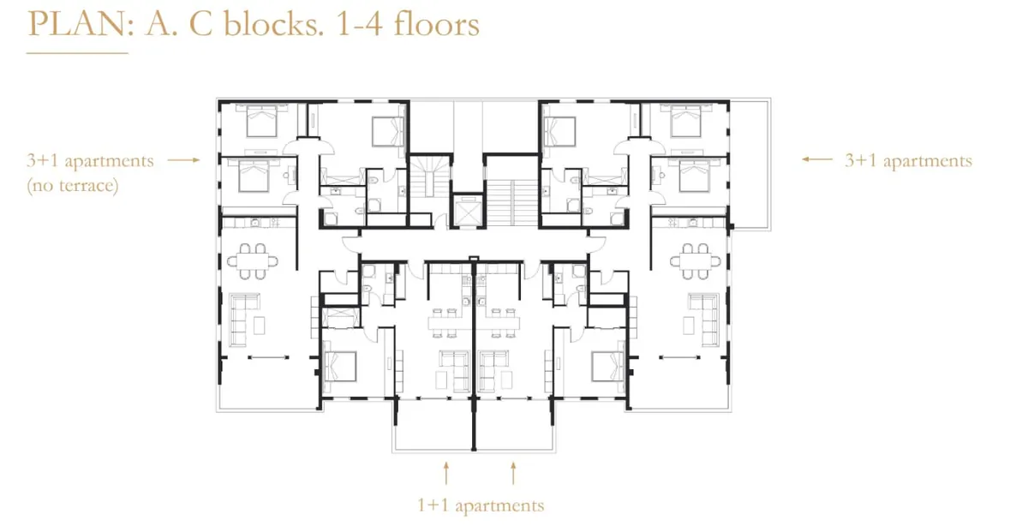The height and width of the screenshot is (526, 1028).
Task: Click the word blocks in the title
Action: coord(273,23)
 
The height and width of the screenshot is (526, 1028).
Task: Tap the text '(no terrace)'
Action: coord(73,185)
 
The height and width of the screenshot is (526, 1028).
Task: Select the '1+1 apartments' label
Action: coord(481,505)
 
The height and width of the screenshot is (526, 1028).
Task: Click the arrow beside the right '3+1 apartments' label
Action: coord(817,159)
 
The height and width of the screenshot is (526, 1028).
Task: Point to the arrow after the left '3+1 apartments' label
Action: coord(184,160)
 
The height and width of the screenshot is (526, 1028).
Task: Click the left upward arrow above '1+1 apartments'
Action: coord(446,473)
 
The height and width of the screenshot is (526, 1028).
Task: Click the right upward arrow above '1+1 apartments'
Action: coord(513,473)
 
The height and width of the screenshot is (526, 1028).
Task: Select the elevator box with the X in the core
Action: coord(468,211)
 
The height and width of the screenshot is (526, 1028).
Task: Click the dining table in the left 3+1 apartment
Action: coord(253,261)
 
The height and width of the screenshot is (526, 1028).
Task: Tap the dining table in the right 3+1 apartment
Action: coord(696,261)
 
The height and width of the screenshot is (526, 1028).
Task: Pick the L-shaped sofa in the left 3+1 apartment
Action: coord(244,320)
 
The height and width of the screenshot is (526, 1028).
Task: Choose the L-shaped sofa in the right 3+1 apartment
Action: coord(703,320)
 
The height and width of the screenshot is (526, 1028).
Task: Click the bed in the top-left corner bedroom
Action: coord(262,120)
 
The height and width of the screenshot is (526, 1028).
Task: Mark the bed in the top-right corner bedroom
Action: coord(685,120)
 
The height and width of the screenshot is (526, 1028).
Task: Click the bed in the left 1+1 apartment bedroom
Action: coord(340,367)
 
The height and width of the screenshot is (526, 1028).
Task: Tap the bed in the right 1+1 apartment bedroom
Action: coord(607,367)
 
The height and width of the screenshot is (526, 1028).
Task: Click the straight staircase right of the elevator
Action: coord(511,202)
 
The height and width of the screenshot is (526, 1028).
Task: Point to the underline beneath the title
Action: coord(77,53)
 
